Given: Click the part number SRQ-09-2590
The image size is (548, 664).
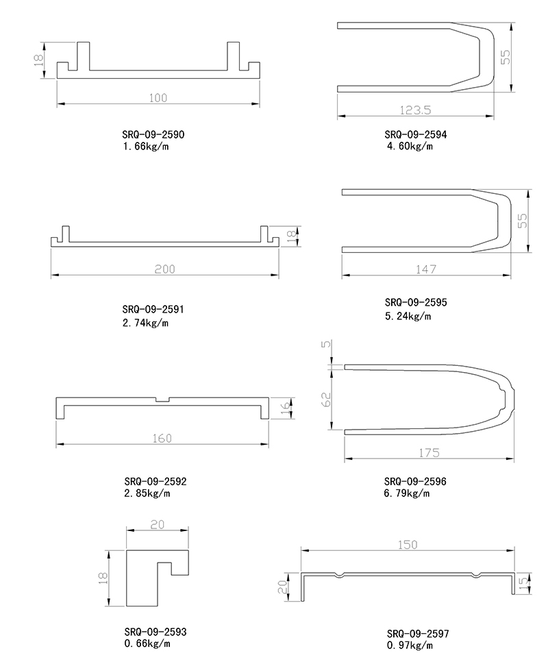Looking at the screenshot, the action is tap(153, 135).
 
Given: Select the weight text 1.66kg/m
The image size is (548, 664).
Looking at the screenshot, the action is tap(146, 147).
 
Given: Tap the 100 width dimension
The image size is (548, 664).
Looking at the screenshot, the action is tap(158, 98).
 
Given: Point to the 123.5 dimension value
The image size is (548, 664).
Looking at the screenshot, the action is tap(416, 110).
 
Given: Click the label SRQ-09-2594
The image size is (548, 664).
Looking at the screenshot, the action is tap(416, 135).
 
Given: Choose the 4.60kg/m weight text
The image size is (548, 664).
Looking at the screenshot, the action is tap(410, 147).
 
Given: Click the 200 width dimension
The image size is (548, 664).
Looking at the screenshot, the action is tap(164, 269).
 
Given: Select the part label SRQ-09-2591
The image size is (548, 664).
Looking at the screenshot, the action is tap(153, 310).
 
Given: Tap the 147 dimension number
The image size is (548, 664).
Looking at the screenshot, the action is tap(425, 269).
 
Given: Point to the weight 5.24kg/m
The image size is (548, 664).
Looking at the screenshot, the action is tap(408, 316).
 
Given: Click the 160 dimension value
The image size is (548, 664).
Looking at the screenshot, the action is tap(162, 439).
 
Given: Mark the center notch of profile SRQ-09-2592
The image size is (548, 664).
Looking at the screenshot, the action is tap(162, 399).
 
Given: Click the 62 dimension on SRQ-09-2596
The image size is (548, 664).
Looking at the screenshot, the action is tap(327, 399).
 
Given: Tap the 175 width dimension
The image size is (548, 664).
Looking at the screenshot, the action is tap(429, 453).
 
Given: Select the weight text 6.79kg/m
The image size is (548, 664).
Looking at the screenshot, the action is tap(407, 493).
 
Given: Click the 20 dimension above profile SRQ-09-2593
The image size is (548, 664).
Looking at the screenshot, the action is tap(158, 525).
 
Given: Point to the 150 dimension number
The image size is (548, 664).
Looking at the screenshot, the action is tap(408, 545).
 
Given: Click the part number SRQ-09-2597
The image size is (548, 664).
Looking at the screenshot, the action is tap(418, 634).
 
